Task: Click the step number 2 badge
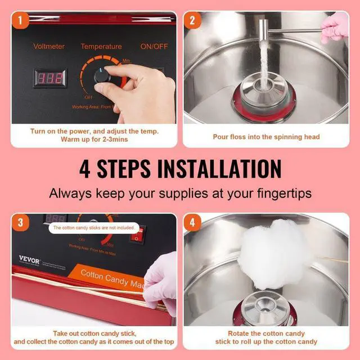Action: pyautogui.click(x=192, y=21)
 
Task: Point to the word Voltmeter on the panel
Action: pyautogui.click(x=49, y=47)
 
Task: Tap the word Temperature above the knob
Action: pyautogui.click(x=101, y=47)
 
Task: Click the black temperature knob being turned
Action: pyautogui.click(x=103, y=76)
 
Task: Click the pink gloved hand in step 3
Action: pyautogui.click(x=161, y=281)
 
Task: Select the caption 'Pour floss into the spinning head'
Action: pyautogui.click(x=266, y=137)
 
